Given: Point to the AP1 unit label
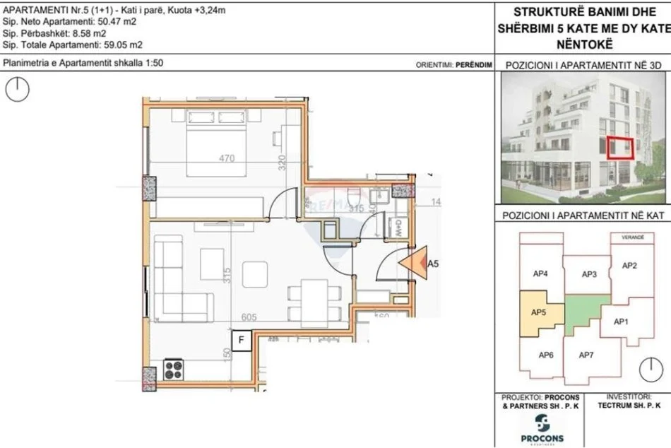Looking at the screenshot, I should click(622, 322).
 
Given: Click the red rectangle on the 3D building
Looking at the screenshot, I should click(622, 148).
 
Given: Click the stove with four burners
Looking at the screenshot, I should click(174, 368).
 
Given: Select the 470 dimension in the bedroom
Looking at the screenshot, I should click(226, 159).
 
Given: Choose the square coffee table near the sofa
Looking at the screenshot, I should click(255, 273).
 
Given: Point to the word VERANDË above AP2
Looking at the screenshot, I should click(633, 238).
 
